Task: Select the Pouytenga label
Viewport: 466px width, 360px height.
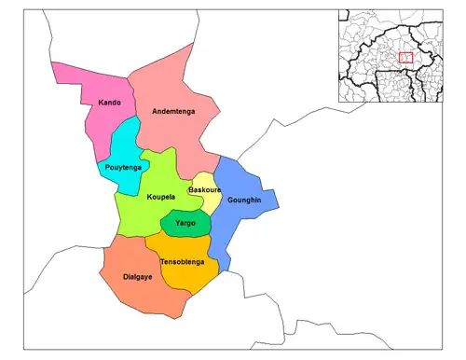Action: coord(123,167)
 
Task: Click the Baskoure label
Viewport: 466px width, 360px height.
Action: coord(204,190)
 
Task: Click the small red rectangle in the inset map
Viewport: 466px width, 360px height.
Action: coord(404,57)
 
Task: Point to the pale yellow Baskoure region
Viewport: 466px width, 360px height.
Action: coord(210,202)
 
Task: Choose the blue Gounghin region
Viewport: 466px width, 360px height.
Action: coord(239,224)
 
